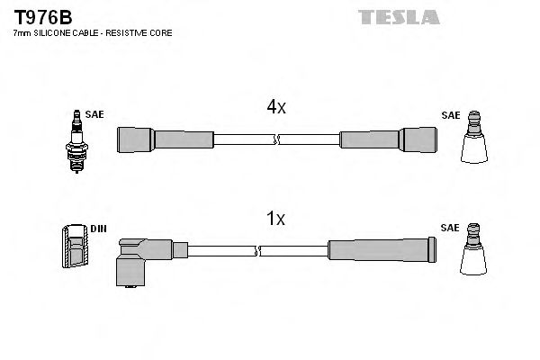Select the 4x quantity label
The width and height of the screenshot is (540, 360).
(x=275, y=107)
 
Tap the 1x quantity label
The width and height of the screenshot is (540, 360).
(x=275, y=219)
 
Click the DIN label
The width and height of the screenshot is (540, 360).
(x=98, y=229)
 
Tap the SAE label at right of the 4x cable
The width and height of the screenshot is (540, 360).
(x=450, y=115)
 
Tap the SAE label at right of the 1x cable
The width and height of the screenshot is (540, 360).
(x=450, y=229)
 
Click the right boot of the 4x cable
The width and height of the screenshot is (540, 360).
(x=389, y=139)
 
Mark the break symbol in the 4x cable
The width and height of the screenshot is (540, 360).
(x=276, y=139)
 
